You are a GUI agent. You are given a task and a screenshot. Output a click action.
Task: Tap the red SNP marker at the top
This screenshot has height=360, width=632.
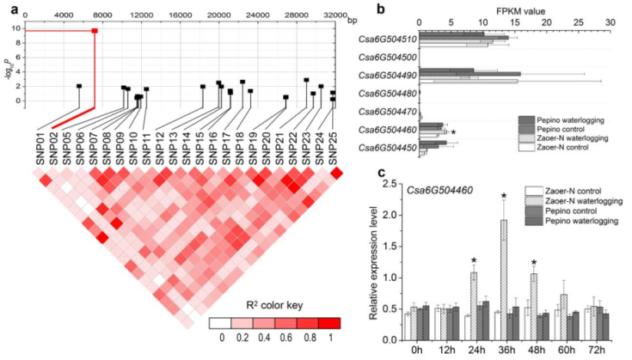tap(94, 31)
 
